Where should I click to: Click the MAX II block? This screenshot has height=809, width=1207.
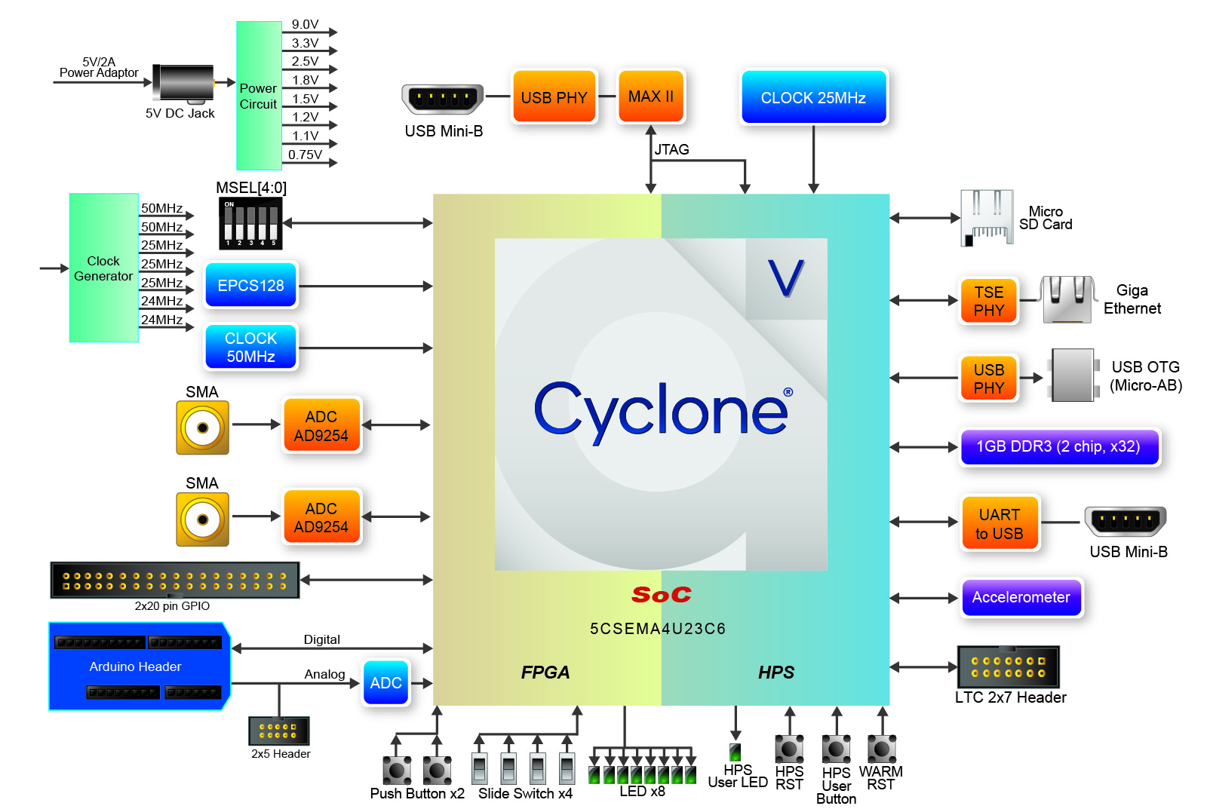pos(650,97)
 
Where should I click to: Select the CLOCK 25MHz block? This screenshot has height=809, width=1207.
pos(813,97)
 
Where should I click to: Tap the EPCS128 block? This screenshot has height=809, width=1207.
pos(250,286)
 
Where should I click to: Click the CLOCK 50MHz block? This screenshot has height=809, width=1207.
pos(250,347)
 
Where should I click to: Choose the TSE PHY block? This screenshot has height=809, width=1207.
pos(988,301)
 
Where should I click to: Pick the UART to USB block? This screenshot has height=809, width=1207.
pos(999,523)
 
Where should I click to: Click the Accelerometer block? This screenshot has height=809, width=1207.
pos(1021,597)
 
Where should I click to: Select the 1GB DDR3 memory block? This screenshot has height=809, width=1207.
pos(1058,446)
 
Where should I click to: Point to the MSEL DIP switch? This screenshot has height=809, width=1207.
pos(250,223)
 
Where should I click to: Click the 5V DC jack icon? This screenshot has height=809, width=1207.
pos(183,83)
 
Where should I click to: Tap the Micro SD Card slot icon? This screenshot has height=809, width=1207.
pos(986,218)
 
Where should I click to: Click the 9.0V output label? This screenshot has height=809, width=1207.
pos(305,24)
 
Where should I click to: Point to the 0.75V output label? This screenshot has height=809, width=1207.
pos(305,155)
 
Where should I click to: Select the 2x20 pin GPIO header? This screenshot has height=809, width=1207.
pos(174,580)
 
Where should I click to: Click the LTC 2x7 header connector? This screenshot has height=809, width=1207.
pos(1008,667)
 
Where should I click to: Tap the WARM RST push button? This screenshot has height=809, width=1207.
pos(881,749)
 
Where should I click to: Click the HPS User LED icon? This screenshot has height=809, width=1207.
pos(735,752)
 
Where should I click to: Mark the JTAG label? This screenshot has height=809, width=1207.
pos(671,149)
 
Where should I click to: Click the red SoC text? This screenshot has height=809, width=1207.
pos(661,595)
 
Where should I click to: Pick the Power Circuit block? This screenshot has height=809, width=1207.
pos(258,96)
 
